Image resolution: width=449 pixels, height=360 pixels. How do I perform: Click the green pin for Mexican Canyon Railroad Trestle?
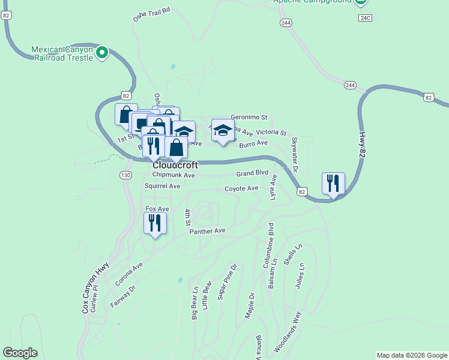click(x=102, y=53)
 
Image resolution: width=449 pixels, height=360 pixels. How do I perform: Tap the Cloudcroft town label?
click(x=175, y=165)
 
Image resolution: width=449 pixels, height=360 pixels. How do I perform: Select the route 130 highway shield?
click(x=125, y=175)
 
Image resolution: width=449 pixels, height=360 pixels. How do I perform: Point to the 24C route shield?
click(x=366, y=18)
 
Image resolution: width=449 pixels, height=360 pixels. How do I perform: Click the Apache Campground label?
click(x=312, y=2)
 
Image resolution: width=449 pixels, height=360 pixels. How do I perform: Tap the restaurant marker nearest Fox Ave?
click(x=155, y=223)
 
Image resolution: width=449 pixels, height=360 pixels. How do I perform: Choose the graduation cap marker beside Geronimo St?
click(x=223, y=130)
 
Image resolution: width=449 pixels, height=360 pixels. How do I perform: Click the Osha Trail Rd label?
click(x=152, y=15)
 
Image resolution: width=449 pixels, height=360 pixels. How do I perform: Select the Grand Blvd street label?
click(x=252, y=173)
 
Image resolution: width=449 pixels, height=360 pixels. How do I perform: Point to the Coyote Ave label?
click(x=241, y=188)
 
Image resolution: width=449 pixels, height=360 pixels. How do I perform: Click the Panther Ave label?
click(x=207, y=231)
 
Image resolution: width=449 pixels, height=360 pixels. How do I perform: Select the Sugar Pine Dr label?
click(x=228, y=281)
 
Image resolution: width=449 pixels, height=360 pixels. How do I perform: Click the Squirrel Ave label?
click(x=162, y=186)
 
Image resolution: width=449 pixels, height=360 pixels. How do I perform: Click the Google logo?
click(x=20, y=353)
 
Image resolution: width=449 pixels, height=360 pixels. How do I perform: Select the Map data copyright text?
click(x=411, y=355)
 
